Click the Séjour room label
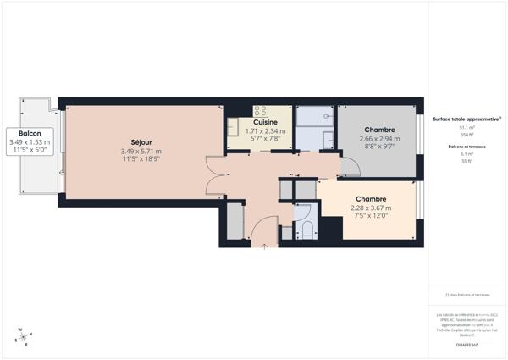[141, 141]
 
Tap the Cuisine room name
[265, 122]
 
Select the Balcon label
[30, 133]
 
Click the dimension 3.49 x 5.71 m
[141, 152]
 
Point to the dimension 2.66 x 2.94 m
[377, 139]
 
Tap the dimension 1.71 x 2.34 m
[265, 131]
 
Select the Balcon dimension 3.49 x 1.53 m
[30, 142]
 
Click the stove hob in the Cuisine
[260, 110]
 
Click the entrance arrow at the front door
[266, 246]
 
